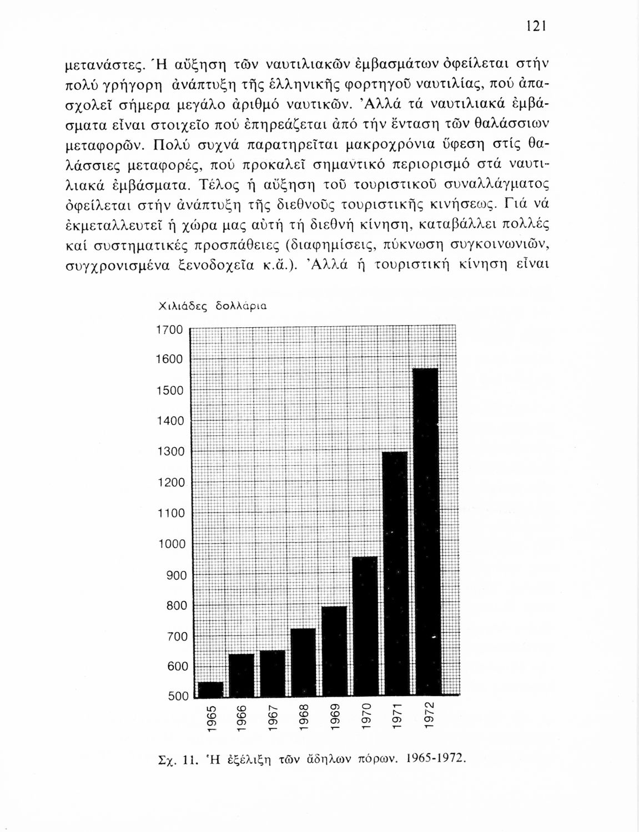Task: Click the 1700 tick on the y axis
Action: tap(169, 330)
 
